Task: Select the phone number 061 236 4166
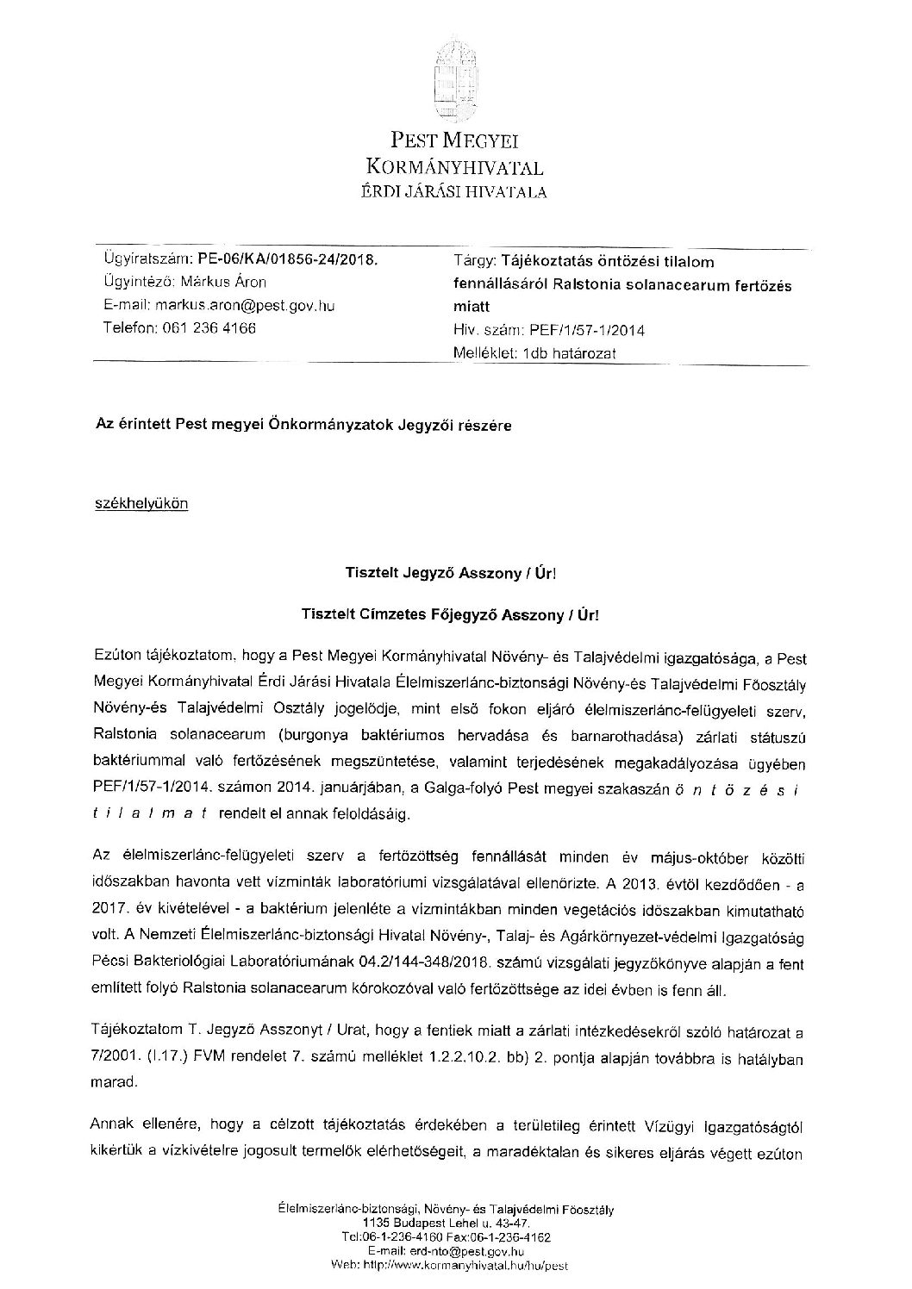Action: (208, 327)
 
